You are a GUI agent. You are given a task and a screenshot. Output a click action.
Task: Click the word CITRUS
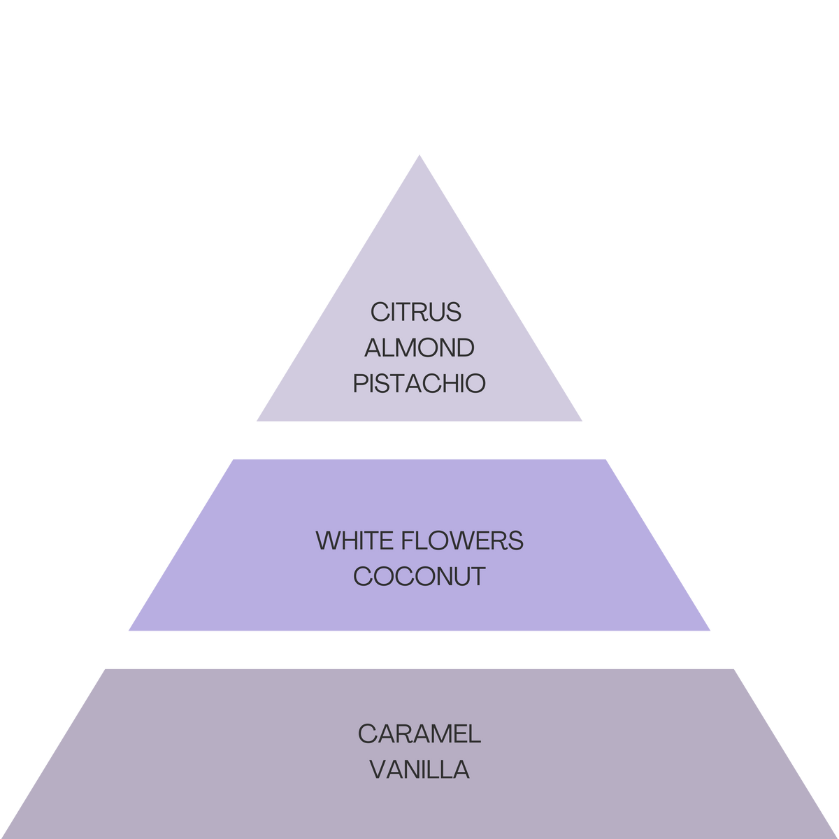pos(416,312)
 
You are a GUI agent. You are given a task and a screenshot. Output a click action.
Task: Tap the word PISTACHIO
pos(419,384)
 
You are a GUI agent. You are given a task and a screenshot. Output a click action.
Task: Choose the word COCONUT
pos(419,577)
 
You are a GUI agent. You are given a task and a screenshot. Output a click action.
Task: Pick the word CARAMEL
pos(419,733)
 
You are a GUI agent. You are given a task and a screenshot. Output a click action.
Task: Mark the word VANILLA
pos(419,770)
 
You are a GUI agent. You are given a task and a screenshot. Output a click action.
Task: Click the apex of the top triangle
pos(419,154)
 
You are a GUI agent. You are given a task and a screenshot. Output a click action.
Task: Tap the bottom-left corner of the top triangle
pos(256,422)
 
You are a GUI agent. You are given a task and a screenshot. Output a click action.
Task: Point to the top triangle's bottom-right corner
pos(582,422)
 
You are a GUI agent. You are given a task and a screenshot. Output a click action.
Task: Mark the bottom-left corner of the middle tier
pos(128,631)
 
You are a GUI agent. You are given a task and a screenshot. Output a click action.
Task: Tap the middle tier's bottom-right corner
pos(711,631)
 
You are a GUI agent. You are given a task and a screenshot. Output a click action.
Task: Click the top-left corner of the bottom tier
pos(104,668)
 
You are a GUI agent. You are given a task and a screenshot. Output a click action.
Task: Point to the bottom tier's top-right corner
pos(735,668)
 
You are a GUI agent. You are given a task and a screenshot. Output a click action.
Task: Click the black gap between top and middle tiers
pos(419,440)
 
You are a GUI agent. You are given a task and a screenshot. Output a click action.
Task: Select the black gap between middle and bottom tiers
pos(419,650)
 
